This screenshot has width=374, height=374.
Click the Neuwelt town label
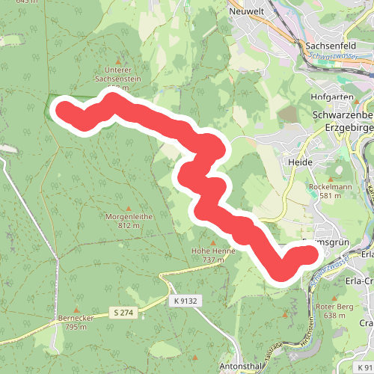[246, 12]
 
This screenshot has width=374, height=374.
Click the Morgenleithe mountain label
[129, 216]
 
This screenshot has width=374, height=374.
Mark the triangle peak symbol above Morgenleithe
[129, 207]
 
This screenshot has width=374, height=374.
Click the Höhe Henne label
[213, 251]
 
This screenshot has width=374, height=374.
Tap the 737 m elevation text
[213, 260]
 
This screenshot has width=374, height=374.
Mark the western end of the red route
[64, 110]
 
